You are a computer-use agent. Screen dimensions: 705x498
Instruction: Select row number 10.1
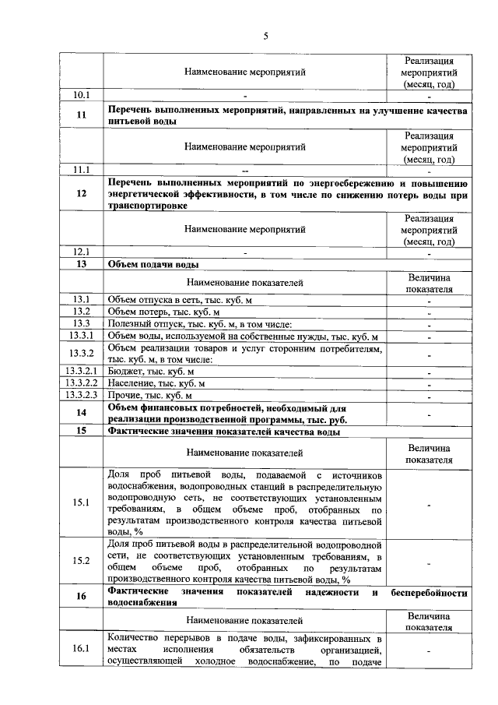(82, 95)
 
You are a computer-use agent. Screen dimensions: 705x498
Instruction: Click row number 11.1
(82, 169)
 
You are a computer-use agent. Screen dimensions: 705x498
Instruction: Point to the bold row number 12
(82, 194)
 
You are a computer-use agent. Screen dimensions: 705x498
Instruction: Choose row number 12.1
(82, 252)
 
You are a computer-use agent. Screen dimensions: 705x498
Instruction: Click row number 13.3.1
(82, 336)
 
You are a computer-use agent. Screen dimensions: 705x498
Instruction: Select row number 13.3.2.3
(82, 396)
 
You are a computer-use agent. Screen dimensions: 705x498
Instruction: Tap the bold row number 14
(82, 413)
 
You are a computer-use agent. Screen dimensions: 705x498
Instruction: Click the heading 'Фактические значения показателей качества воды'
(224, 431)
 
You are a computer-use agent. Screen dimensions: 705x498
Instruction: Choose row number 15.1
(82, 502)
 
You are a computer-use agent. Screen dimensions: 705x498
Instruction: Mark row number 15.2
(82, 561)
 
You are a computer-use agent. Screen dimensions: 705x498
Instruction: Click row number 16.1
(82, 649)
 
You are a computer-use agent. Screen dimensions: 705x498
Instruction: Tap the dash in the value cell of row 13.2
(429, 312)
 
